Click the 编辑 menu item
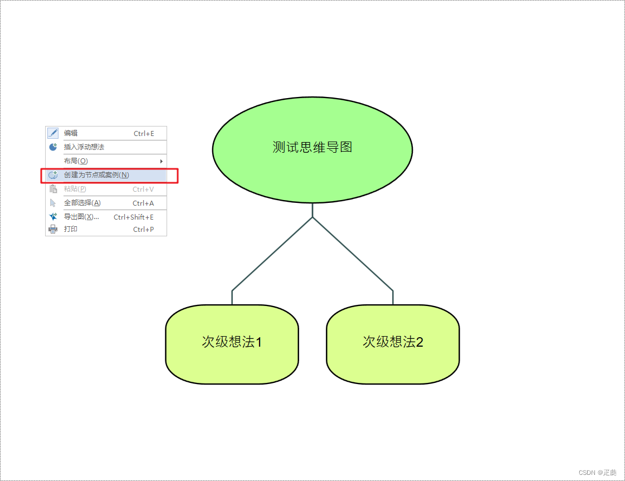point(71,133)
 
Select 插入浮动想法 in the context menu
point(84,147)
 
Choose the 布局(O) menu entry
point(76,161)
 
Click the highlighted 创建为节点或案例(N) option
point(96,175)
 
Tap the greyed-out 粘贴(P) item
point(75,189)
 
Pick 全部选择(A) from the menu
point(82,203)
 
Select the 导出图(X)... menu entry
point(81,217)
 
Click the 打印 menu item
point(71,229)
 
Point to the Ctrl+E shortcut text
point(144,134)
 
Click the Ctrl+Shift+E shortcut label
point(134,217)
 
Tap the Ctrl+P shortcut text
point(143,230)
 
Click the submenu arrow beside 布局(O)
point(162,161)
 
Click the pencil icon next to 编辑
point(53,133)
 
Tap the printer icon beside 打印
point(53,229)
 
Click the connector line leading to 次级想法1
point(272,254)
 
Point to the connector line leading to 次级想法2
point(353,254)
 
